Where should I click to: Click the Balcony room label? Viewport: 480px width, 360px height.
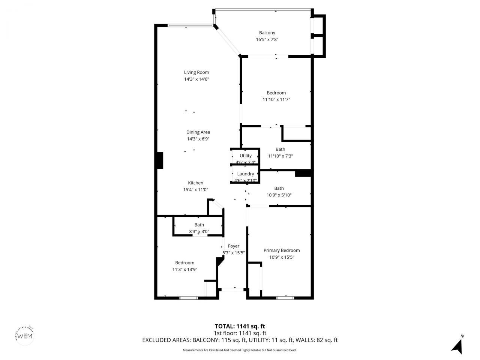pos(267,33)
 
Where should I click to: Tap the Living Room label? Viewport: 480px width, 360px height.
pos(196,72)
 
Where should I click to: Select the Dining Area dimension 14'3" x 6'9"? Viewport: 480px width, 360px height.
pos(198,139)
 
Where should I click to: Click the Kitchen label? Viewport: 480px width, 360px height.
pos(195,183)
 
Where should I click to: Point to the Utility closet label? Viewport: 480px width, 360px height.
pos(246,156)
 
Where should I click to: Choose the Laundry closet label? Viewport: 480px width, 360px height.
pos(246,174)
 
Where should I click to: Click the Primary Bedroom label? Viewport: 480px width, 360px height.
pos(282,250)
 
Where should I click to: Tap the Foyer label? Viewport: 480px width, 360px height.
pos(234,246)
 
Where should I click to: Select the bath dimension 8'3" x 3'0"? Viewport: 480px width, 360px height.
pos(199,232)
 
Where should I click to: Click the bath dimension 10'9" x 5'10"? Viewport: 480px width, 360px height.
pos(279,195)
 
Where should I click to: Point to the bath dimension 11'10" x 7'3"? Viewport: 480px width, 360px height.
pos(280,156)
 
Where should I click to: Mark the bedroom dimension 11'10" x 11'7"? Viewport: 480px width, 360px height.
pos(276,99)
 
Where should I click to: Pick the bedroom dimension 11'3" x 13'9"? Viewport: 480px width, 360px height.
pos(184,269)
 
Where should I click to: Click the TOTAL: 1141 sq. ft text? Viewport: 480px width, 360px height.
pos(240,326)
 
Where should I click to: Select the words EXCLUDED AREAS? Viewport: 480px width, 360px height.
pos(166,340)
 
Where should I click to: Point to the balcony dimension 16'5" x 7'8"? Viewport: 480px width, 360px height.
pos(267,39)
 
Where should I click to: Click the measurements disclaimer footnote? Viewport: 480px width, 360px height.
pos(240,350)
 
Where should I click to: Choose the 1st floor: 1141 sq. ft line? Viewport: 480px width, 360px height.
pos(240,333)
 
